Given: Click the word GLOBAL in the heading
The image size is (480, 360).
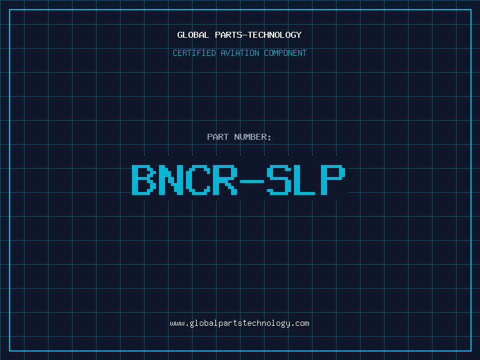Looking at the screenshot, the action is (x=193, y=35).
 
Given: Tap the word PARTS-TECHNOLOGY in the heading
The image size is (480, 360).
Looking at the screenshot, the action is (x=258, y=35).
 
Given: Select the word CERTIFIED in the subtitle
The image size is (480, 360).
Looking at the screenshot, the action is (x=194, y=53).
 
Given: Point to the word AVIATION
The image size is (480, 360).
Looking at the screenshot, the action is (x=239, y=53).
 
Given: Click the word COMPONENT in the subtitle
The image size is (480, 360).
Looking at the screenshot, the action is (x=285, y=53).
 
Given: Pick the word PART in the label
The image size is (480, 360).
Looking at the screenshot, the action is (x=218, y=137).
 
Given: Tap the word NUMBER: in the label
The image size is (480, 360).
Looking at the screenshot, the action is (x=253, y=137).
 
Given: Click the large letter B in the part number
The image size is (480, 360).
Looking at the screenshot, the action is (x=143, y=179).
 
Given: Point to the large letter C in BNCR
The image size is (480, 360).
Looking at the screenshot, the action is (x=198, y=179).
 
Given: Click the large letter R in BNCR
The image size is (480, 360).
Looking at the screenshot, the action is (x=225, y=179).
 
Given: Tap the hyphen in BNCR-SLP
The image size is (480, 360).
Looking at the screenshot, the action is (x=252, y=181).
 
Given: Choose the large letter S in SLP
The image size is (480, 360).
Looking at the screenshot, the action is (x=279, y=179).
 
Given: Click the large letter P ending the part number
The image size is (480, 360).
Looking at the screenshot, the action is (x=333, y=179).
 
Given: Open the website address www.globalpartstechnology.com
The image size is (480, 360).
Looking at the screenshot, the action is (x=239, y=323).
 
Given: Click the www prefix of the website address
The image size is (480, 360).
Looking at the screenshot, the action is (x=177, y=324).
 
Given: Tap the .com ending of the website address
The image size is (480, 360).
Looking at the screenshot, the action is (x=301, y=324).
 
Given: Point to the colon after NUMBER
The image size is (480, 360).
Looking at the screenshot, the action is (x=269, y=137).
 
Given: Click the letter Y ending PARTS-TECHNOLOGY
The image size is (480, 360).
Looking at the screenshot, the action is (x=298, y=35).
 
